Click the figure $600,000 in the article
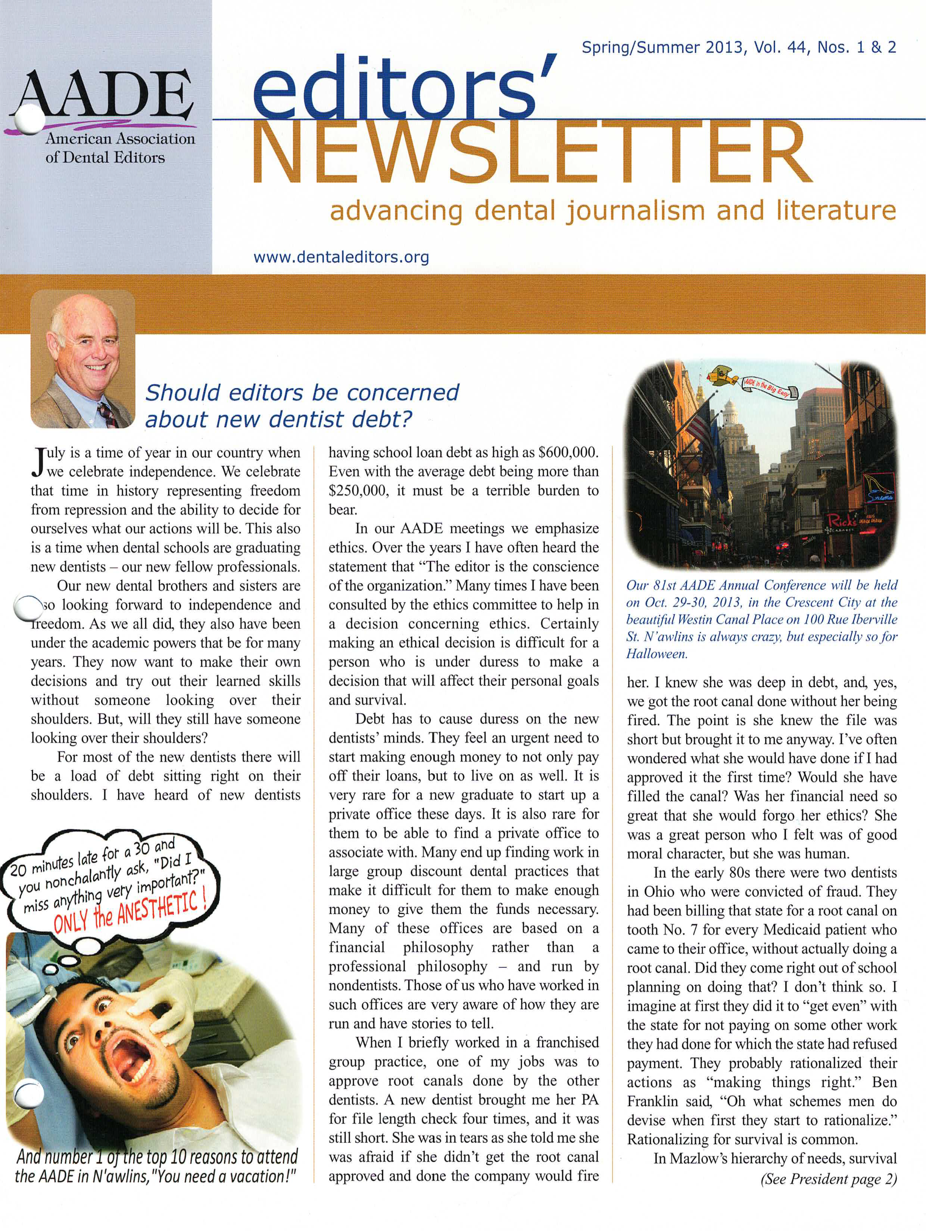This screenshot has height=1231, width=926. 568,452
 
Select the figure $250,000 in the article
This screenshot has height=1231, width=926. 356,491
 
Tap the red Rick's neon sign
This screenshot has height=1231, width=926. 843,520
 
